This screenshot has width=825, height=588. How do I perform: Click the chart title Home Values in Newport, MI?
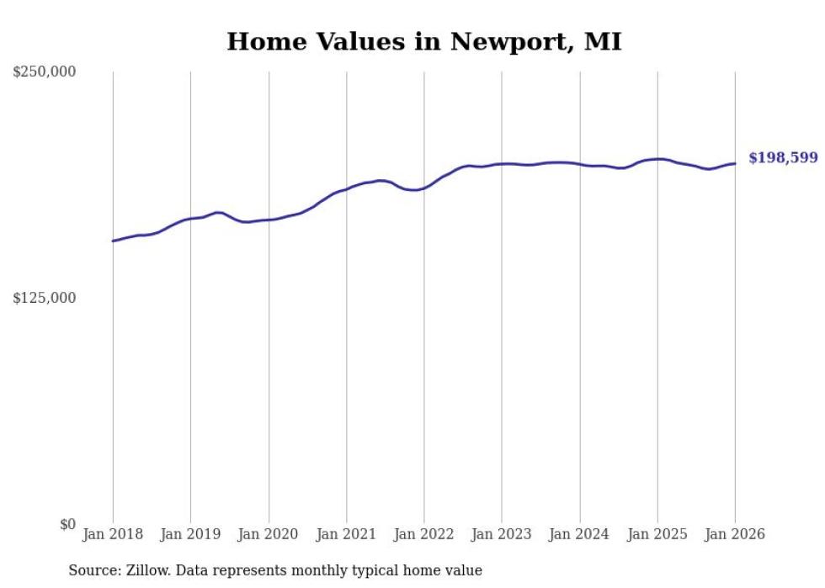pos(424,41)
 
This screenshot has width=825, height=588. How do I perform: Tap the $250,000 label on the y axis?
pos(44,72)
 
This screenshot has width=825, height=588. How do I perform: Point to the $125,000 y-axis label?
pos(44,298)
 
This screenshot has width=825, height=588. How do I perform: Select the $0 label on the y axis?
pos(67,524)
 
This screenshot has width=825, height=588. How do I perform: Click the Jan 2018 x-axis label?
pos(113,534)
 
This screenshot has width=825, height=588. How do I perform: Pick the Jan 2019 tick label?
pos(190,534)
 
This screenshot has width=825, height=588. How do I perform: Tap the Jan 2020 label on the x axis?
pos(269,534)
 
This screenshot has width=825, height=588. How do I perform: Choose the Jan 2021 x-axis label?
pos(346,534)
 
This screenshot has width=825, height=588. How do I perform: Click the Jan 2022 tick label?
pos(424,534)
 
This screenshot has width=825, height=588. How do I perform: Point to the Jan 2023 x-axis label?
pos(502,534)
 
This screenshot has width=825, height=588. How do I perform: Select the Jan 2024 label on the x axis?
pos(579,534)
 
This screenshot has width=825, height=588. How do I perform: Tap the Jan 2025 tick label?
pos(657,534)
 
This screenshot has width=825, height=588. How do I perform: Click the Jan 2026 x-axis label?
pos(735,534)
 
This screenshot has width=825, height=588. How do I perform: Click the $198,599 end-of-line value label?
pos(783,158)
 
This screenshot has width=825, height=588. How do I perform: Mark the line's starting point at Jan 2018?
pos(113,241)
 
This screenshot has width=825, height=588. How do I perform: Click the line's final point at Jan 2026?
pos(735,163)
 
